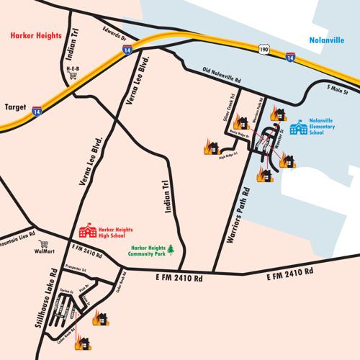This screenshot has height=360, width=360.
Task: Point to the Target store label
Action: click(16, 105)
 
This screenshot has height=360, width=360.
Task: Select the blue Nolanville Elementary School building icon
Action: click(297, 127)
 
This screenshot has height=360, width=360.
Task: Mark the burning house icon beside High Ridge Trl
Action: click(210, 146)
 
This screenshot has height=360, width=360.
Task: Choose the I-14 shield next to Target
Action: click(35, 111)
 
